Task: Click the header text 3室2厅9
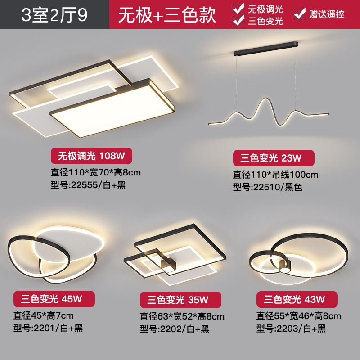click(54, 14)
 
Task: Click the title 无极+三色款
click(167, 14)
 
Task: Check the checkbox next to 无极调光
click(238, 9)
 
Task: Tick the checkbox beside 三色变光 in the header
click(238, 20)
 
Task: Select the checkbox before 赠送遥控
click(299, 14)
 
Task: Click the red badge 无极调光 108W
click(94, 156)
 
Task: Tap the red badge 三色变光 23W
click(273, 158)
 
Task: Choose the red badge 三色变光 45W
click(54, 299)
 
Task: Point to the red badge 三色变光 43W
click(297, 299)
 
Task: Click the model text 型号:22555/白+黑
click(88, 185)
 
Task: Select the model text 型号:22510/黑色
click(267, 187)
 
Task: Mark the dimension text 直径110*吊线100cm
click(275, 174)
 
